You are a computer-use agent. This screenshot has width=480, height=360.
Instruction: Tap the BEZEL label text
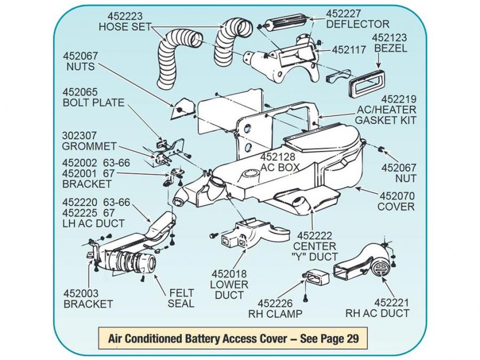pos(390,49)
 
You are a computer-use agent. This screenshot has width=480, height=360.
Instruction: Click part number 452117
pos(349,50)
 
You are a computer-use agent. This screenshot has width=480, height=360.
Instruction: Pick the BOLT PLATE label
pos(93,103)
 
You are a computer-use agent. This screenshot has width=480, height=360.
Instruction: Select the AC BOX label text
pos(281,167)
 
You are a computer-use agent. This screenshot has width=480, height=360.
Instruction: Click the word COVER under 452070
pos(396,206)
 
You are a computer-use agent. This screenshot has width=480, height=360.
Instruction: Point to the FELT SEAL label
pos(181,298)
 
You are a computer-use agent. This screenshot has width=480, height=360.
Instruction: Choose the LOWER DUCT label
pos(227,290)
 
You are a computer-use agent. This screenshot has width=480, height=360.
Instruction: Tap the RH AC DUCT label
pos(377,313)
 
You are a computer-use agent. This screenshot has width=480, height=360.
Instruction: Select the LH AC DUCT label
pos(93,223)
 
